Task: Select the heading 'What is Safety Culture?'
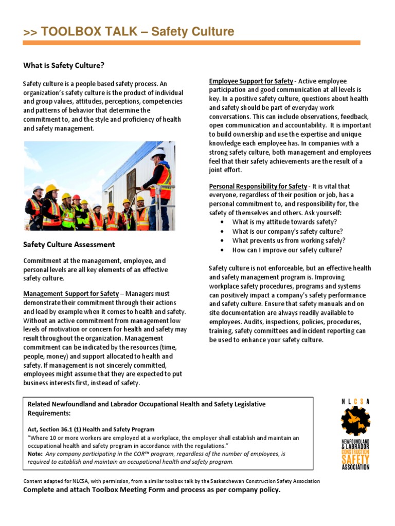pos(63,65)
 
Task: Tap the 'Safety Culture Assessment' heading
pos(69,245)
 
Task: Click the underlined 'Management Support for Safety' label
pos(70,294)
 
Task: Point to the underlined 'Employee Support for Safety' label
pos(251,81)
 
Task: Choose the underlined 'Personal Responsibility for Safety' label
pos(258,186)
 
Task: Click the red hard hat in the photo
pos(76,197)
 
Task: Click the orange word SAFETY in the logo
pos(355,460)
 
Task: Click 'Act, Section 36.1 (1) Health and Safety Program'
pos(91,429)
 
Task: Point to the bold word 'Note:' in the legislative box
pos(35,454)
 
